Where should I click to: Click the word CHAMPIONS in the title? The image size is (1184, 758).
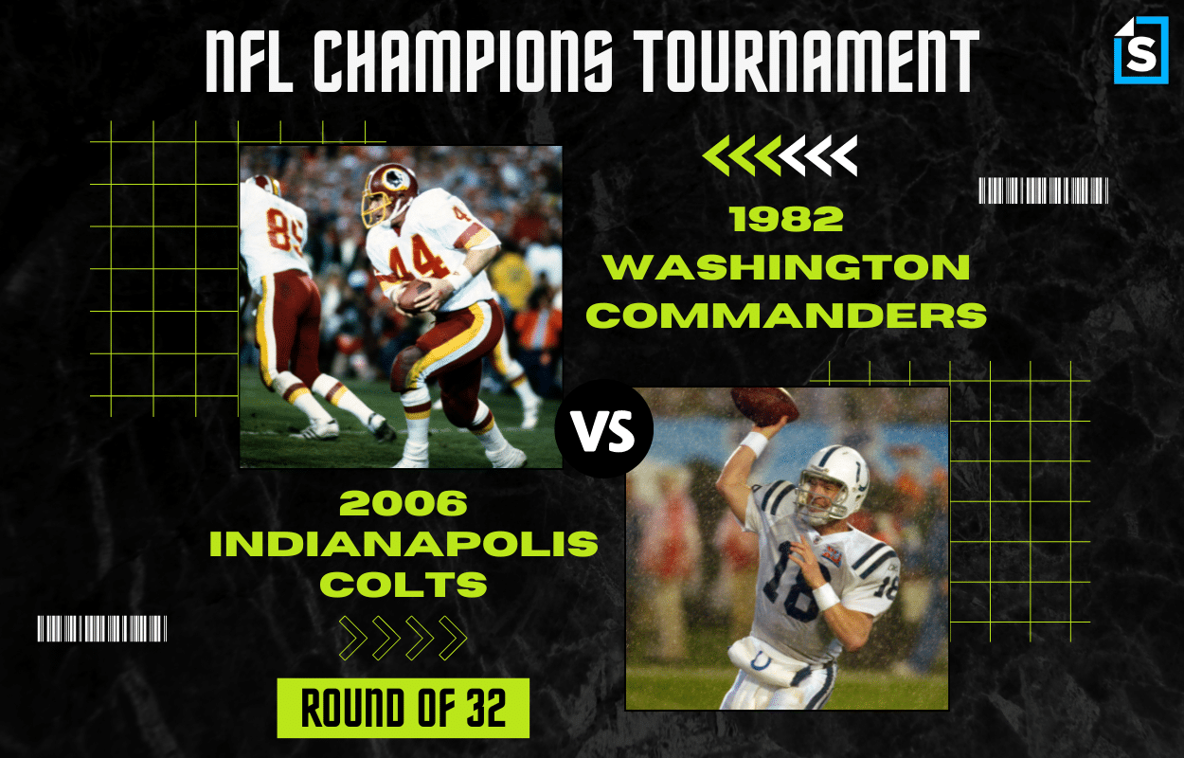pos(463,60)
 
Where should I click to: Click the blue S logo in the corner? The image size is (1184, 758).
pos(1141,50)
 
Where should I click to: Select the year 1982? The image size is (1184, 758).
pos(786,219)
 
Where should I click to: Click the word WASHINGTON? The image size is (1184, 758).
pos(787,267)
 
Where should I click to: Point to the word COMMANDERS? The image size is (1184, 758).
pos(786,315)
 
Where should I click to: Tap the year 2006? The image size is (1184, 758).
pos(404,503)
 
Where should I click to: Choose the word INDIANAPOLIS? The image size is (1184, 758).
pos(404,544)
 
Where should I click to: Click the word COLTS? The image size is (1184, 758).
pos(404,584)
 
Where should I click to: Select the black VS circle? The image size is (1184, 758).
pos(604,428)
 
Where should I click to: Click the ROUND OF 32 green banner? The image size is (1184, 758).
pos(404,708)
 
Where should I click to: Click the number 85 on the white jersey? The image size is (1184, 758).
pos(284,231)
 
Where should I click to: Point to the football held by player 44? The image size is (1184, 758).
pos(416,294)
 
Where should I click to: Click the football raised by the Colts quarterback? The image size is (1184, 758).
pos(764,406)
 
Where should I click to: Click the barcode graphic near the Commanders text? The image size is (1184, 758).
pos(1044,190)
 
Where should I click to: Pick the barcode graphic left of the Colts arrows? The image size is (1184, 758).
pos(102,628)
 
